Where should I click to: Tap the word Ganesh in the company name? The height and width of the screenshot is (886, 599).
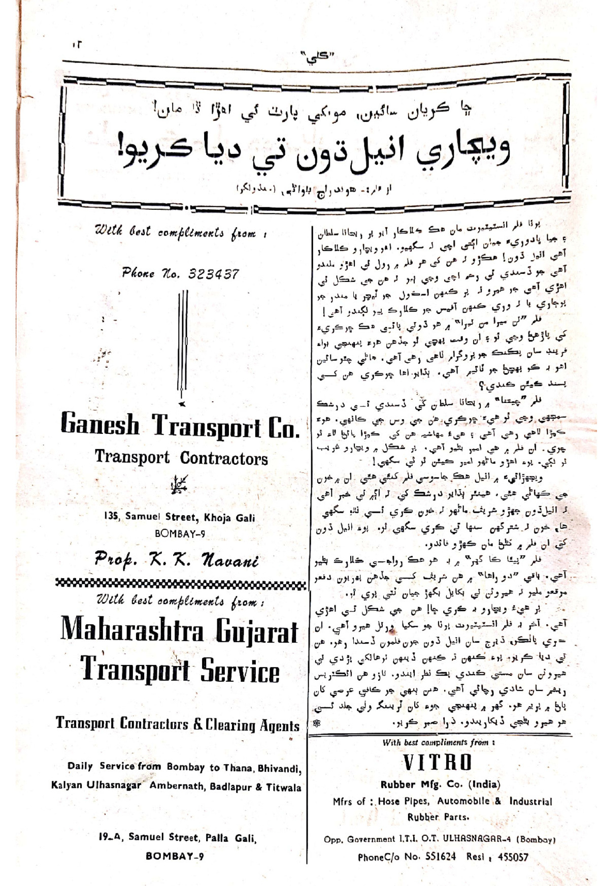tap(100, 425)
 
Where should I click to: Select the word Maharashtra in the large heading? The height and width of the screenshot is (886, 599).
tap(132, 630)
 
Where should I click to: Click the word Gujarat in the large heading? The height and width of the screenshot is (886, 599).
tap(257, 631)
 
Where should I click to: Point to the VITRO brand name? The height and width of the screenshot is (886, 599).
tap(438, 763)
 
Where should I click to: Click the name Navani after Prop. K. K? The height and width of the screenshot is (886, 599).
tap(230, 560)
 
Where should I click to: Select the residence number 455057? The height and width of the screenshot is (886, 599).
tap(513, 857)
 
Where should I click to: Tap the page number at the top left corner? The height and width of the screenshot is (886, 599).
tap(77, 44)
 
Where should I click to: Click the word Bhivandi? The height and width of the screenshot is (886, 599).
tap(278, 768)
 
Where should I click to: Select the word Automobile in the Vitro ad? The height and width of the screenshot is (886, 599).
tap(463, 801)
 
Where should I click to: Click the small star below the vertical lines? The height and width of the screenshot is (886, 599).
tap(182, 404)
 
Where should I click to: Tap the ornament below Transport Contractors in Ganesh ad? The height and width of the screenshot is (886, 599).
tap(179, 485)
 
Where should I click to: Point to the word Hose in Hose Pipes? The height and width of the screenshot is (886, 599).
tap(388, 801)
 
